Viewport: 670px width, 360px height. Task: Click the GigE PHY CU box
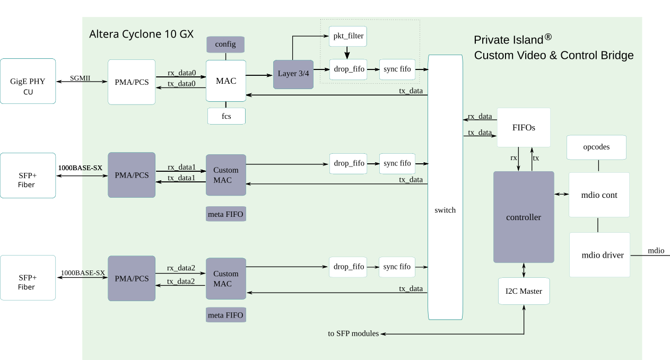coord(28,81)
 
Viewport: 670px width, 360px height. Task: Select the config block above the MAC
coord(225,44)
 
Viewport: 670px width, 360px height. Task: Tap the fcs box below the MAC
coord(227,116)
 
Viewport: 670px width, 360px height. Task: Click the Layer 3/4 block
coord(293,74)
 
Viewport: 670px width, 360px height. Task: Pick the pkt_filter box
coord(347,36)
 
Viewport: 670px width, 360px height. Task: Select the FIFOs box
coord(524,127)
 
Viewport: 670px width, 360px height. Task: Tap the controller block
coord(524,217)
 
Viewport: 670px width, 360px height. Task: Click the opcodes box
coord(596,147)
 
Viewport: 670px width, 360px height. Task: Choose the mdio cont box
coord(599,195)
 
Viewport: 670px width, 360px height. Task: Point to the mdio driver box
coord(599,254)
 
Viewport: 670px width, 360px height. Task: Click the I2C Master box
coord(524,291)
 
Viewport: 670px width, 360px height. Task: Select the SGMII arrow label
coord(80,78)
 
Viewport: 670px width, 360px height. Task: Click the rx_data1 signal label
coord(181,167)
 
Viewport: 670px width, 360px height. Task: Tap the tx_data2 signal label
coord(181,282)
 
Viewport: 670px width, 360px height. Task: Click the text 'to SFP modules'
coord(353,333)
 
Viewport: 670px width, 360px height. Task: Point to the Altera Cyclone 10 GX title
coord(142,34)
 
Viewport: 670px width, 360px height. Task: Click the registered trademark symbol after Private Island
coord(548,37)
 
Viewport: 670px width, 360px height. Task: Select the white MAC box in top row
coord(226,81)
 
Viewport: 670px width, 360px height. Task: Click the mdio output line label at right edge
coord(656,251)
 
